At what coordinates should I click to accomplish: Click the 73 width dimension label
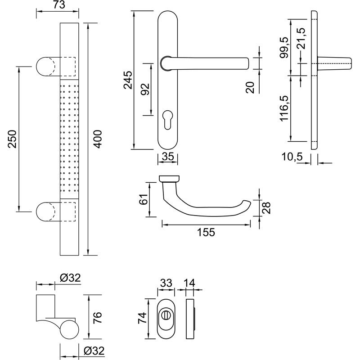[57, 5]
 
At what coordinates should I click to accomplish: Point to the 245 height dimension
[127, 80]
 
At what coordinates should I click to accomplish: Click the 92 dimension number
[145, 89]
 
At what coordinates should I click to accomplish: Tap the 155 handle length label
[206, 232]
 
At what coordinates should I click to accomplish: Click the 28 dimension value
[266, 208]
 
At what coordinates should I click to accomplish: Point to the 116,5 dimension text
[283, 108]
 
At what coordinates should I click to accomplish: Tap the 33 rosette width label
[166, 283]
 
